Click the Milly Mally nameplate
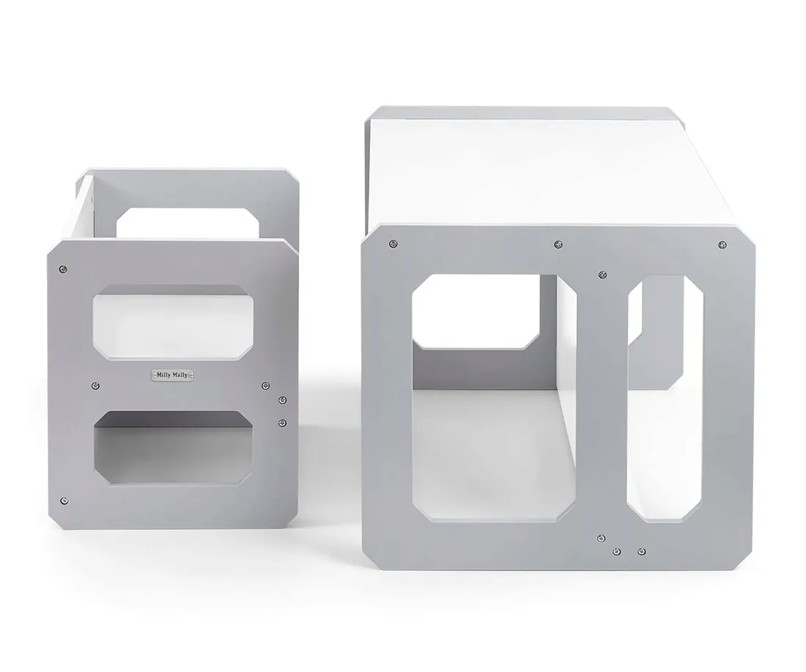[172, 374]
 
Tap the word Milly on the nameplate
[164, 374]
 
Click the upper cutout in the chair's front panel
[173, 323]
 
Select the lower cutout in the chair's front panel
[173, 448]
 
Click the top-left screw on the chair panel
[63, 269]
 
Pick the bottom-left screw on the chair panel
[64, 501]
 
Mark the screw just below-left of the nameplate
[95, 385]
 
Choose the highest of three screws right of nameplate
[265, 385]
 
